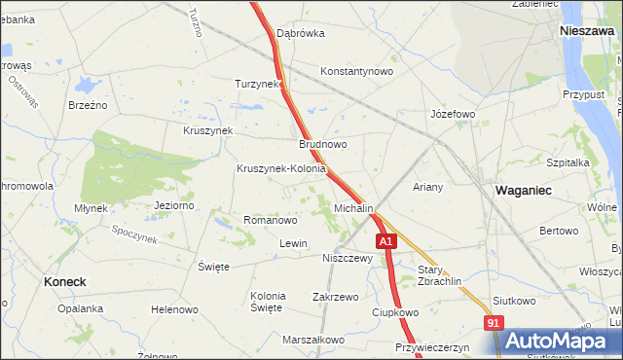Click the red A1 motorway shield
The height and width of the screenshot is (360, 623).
386,240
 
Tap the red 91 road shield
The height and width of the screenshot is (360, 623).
495,323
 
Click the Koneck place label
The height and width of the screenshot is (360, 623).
65,281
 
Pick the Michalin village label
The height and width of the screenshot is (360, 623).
353,209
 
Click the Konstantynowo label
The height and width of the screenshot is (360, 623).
356,71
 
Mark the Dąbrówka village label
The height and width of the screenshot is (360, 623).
300,33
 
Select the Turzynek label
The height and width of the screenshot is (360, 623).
257,84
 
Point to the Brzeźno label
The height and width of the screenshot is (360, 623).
87,104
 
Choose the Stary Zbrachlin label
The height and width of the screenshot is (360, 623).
439,275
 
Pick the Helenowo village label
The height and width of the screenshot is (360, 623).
174,309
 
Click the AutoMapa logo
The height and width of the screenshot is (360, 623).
557,342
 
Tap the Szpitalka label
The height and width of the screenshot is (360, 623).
568,163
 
